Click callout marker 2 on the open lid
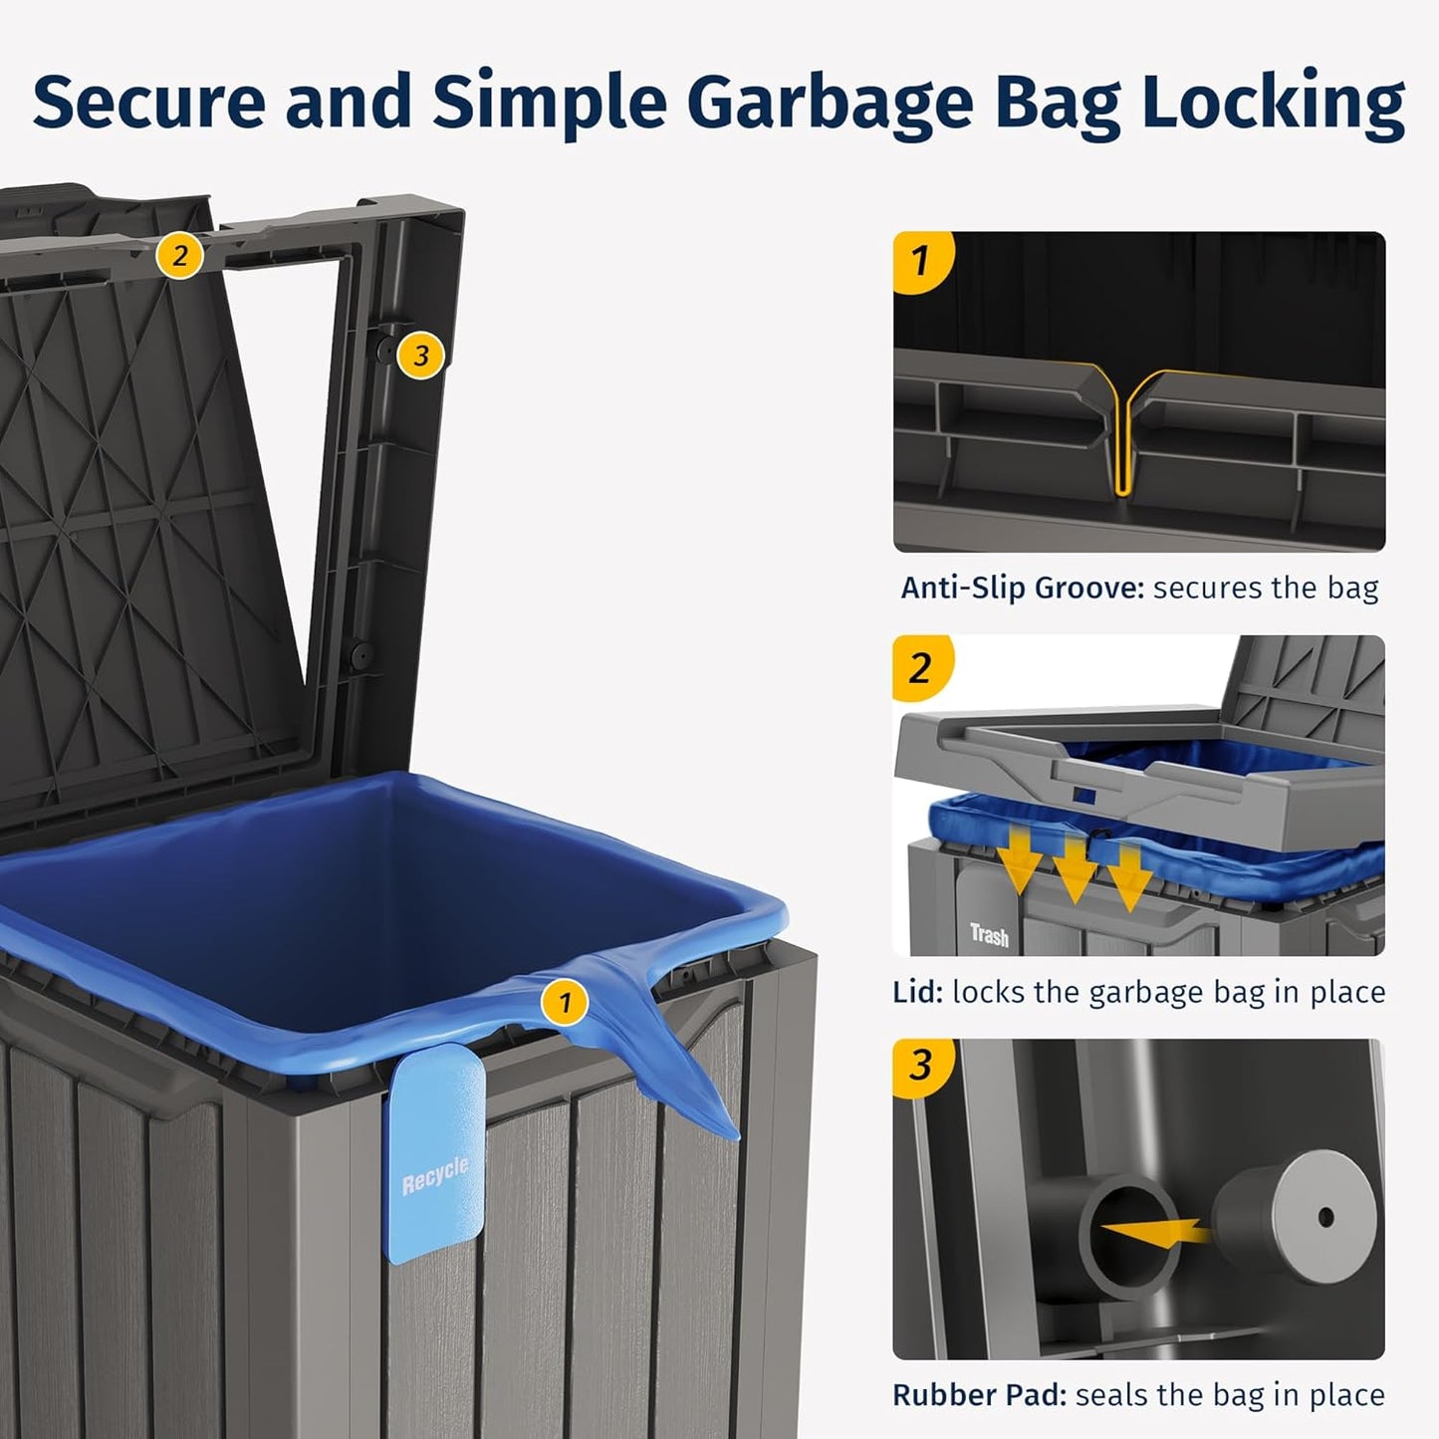(x=179, y=256)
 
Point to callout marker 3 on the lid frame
(x=420, y=355)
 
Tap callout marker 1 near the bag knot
(x=565, y=1002)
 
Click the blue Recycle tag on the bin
(x=435, y=1160)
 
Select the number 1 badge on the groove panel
(x=920, y=261)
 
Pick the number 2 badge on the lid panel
(x=920, y=667)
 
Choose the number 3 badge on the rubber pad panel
(x=920, y=1066)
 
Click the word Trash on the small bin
(x=989, y=935)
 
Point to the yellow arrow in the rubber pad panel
(x=1155, y=1231)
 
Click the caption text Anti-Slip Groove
(x=1022, y=588)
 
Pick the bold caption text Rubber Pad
(x=979, y=1395)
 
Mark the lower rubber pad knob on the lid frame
(x=360, y=655)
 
